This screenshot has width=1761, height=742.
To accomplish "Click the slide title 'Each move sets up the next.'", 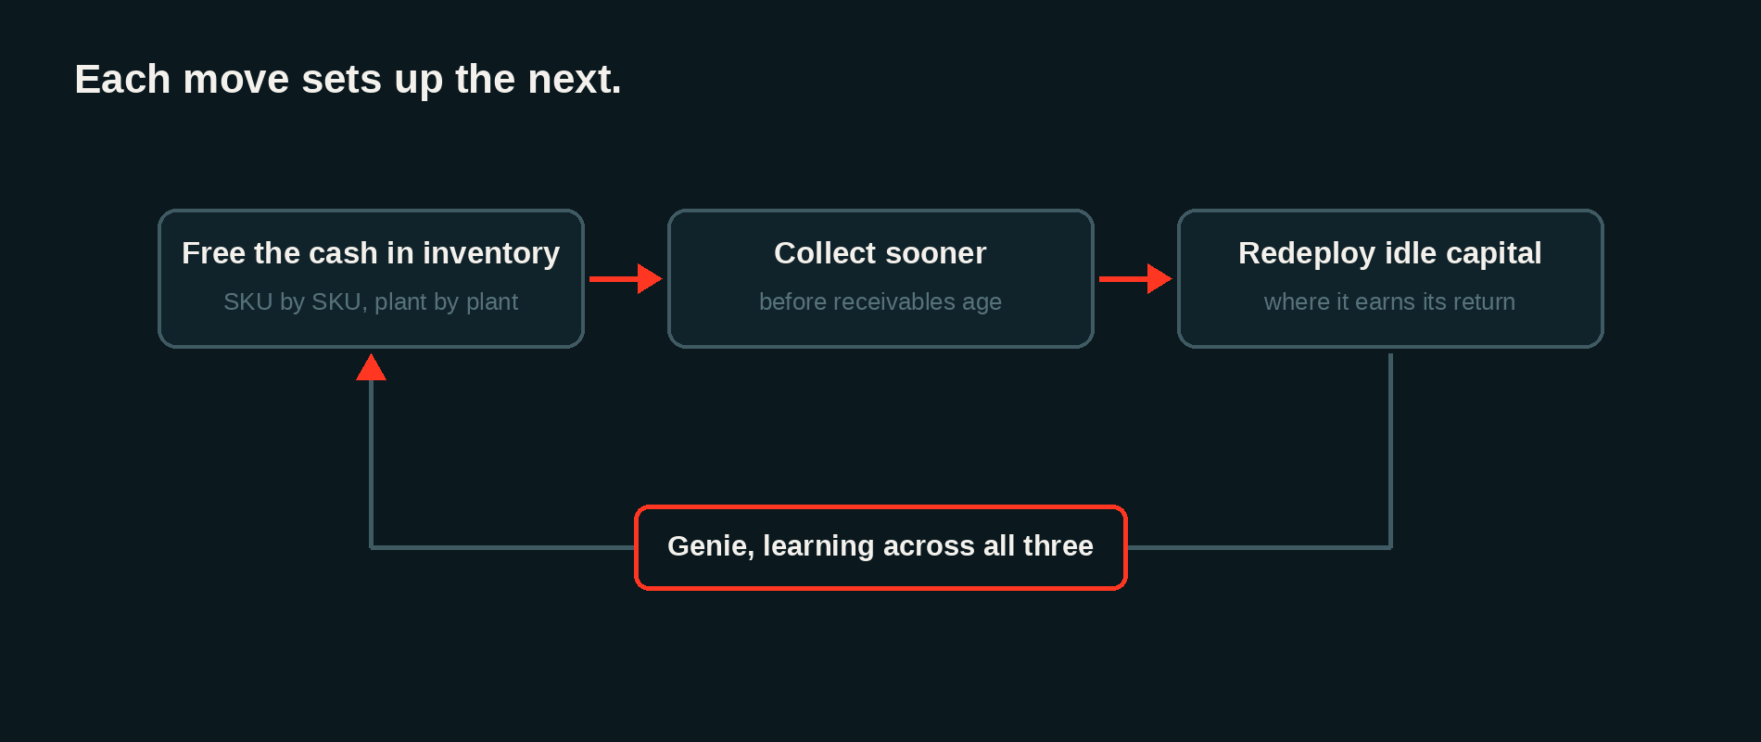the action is [348, 80].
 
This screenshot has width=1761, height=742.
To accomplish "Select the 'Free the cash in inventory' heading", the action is [371, 253].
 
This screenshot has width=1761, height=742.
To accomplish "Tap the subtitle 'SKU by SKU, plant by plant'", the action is [371, 301].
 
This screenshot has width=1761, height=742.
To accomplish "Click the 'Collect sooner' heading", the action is [880, 253].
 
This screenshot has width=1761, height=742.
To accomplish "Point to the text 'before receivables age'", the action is [880, 301].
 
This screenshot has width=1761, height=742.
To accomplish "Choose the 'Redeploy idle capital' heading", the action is [1390, 253].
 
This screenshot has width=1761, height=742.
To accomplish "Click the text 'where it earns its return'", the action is [1390, 301].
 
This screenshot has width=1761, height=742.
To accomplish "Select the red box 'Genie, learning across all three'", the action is [880, 547].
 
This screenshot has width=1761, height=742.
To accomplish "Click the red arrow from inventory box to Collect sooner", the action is [626, 278].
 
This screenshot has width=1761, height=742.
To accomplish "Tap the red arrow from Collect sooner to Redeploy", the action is [1135, 278].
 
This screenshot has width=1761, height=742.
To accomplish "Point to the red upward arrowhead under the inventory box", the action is [371, 367].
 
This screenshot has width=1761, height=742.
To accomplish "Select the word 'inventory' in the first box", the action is [491, 253].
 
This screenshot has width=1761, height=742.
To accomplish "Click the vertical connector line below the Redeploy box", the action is [1390, 450].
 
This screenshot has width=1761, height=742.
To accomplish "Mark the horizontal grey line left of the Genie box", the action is [502, 547].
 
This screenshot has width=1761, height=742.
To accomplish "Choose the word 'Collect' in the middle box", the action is [825, 253].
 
